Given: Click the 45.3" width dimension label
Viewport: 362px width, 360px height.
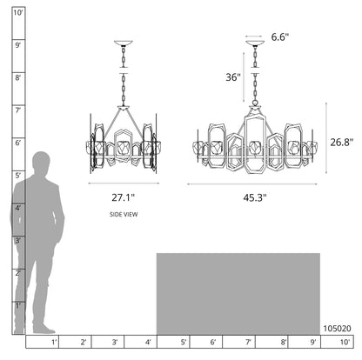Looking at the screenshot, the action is coord(255,197).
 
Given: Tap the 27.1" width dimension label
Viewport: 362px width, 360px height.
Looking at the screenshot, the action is coord(124,197).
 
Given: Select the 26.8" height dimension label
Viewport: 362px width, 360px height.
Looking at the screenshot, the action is coord(342,142).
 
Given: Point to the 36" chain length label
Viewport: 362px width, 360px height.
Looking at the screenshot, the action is coord(233,77).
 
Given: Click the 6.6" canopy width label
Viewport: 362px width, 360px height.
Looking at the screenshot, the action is coord(280,37).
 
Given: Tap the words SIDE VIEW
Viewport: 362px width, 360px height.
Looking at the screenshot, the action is coord(124,215).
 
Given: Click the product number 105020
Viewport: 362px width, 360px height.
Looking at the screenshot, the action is coord(337,329).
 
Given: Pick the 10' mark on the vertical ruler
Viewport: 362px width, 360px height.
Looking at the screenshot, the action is coord(18,13).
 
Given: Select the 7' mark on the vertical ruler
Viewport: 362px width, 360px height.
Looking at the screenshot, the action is coord(18,110).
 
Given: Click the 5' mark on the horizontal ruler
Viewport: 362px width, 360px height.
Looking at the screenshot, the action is coord(184,343).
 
